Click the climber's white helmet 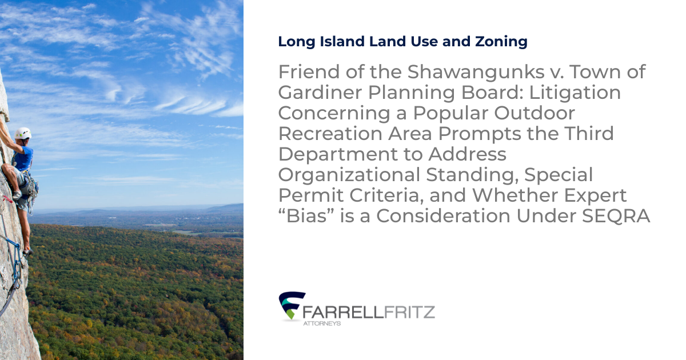(x=23, y=133)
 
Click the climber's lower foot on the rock (x=26, y=250)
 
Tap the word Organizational (x=350, y=175)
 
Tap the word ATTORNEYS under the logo (x=321, y=323)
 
